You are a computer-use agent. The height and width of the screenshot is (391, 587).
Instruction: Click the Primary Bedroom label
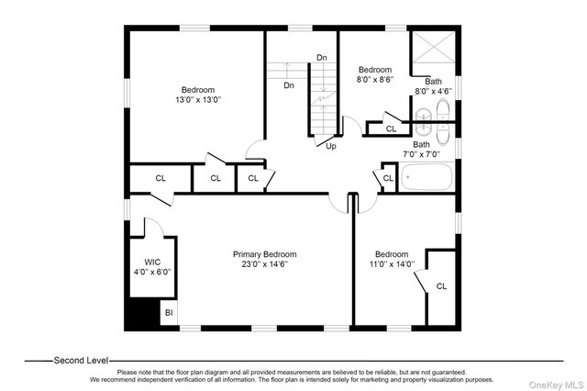pos(265,254)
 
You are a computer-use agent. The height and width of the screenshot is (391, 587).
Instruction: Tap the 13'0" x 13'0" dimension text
pos(198,100)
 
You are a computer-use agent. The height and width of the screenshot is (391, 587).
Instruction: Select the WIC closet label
pos(152,263)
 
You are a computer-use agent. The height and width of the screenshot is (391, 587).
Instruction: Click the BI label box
pos(169,312)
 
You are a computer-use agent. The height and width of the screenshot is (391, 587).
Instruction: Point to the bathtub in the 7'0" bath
pos(426,177)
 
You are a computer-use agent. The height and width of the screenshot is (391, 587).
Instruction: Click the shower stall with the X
pos(434,47)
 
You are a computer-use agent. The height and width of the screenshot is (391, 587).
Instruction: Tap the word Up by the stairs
pos(331,146)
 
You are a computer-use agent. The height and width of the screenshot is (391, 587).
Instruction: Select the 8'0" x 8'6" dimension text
pos(375,80)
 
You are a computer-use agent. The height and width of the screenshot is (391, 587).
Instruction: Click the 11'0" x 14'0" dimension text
pos(392,264)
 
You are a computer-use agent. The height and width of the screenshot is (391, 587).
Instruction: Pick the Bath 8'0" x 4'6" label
pos(433,86)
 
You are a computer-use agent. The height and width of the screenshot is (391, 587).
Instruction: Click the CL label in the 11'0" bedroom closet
pos(441,286)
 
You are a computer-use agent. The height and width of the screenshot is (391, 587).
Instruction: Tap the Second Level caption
pos(82,361)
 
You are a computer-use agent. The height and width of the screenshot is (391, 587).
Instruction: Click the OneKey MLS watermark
pos(556,385)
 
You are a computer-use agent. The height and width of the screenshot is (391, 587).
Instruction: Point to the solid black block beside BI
pos(142,314)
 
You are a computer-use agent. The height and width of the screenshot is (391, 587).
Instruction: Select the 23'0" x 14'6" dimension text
pos(265,264)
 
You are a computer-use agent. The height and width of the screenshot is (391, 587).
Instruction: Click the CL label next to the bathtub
pos(388,178)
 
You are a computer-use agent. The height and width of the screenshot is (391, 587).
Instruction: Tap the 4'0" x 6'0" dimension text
pos(152,272)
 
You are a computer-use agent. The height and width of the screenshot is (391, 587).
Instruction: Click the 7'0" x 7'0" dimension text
pos(422,154)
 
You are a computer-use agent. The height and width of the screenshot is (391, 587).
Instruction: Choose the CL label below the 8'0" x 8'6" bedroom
pos(392,129)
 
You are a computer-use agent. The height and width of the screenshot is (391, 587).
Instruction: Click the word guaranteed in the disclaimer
pos(449,373)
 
